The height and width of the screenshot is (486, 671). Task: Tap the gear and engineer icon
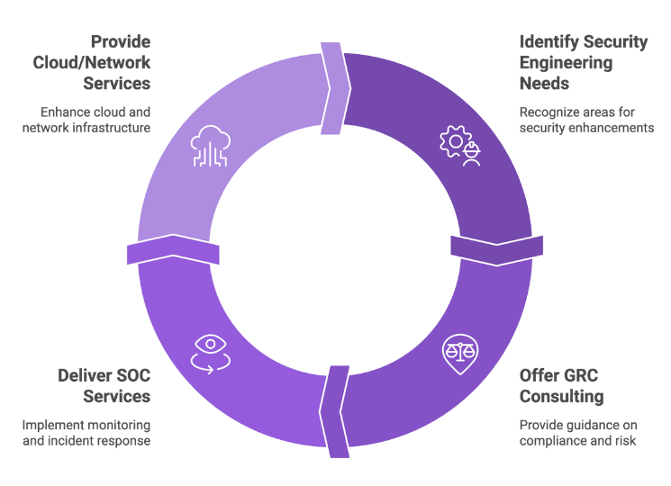point(458,144)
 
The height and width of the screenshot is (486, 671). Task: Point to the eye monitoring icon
point(212,352)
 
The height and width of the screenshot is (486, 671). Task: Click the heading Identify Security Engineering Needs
point(583,63)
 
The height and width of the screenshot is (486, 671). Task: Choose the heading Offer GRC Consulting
point(561,386)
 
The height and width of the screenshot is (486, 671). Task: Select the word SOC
point(131,375)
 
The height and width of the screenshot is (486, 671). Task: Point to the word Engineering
point(566,63)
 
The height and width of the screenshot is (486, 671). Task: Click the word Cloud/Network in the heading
point(91,63)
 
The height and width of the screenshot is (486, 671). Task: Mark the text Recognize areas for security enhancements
point(586,120)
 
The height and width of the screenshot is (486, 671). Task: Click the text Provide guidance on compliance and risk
point(577,433)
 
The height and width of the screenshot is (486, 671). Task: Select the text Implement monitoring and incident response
point(86,433)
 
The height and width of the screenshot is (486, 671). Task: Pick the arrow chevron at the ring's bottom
point(334,409)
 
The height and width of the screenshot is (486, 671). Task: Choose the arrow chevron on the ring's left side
point(173,249)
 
